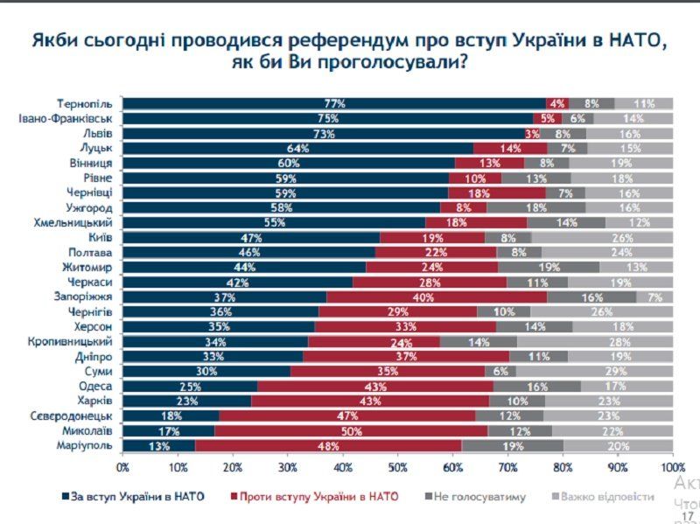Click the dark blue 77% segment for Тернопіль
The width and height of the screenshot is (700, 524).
(334, 103)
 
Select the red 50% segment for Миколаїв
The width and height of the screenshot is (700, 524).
(352, 431)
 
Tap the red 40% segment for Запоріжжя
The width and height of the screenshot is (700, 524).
(437, 297)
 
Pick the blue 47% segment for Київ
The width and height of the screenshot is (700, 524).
(251, 237)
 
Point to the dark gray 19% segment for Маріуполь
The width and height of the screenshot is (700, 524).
(512, 447)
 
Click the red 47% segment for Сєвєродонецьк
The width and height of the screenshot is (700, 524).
(347, 416)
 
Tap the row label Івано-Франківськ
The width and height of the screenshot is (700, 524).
(66, 118)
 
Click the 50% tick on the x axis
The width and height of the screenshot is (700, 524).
(398, 469)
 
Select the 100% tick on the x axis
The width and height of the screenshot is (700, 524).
(672, 469)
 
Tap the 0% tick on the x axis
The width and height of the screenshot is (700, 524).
(123, 469)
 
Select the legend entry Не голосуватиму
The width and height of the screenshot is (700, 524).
(476, 496)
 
